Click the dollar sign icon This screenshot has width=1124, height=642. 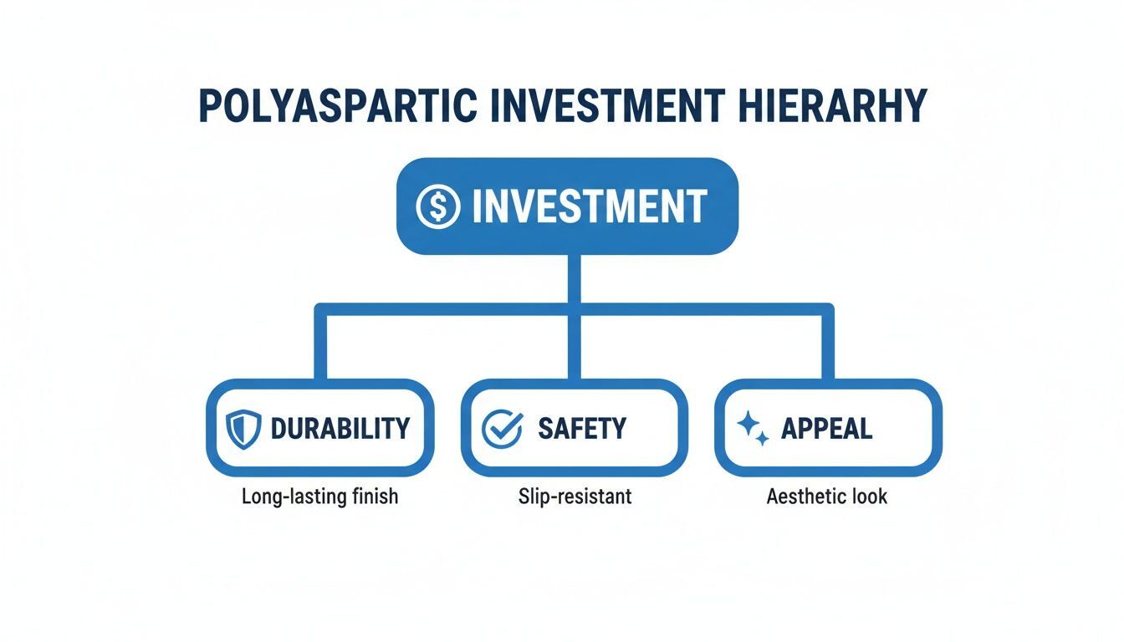pos(438,206)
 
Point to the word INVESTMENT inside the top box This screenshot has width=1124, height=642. pos(590,206)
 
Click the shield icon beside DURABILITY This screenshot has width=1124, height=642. pos(243,428)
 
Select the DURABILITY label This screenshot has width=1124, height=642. pos(340,428)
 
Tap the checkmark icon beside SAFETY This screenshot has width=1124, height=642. pos(503,428)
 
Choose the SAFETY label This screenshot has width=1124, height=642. pos(582,428)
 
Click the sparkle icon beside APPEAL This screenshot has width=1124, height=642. pos(753,428)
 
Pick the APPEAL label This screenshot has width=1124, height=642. pos(826,428)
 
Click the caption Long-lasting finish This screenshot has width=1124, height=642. pos(319,496)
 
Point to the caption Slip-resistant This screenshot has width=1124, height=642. pos(575,496)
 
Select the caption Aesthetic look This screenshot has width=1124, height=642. pos(826,496)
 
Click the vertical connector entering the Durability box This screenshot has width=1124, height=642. pos(319,347)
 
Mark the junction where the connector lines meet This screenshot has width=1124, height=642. pos(573,309)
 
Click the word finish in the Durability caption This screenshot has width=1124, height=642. pos(376,496)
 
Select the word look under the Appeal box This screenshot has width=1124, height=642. pos(869,496)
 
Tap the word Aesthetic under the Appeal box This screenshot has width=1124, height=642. pos(805,496)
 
